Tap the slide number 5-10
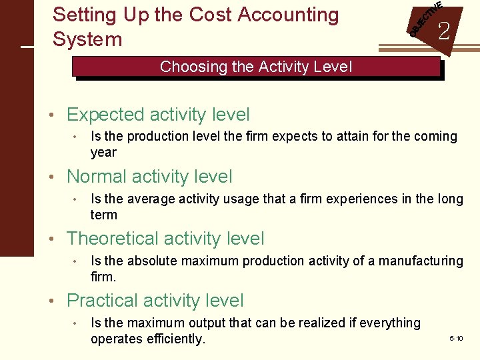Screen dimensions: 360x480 (x=456, y=339)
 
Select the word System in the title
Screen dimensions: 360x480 (x=87, y=39)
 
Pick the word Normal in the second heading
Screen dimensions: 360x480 (x=97, y=177)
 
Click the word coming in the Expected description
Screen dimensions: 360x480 (x=434, y=137)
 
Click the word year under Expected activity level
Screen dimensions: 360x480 (x=103, y=153)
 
